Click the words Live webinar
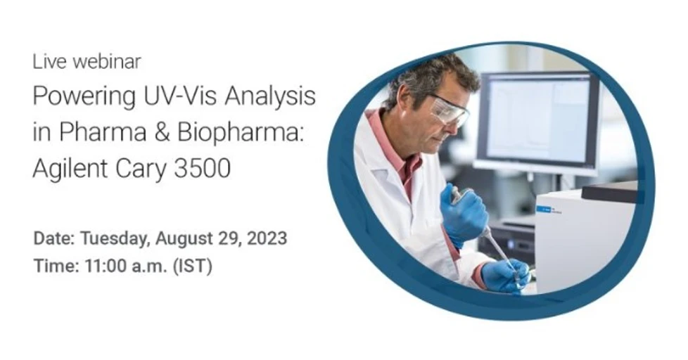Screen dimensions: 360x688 tap(87, 62)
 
